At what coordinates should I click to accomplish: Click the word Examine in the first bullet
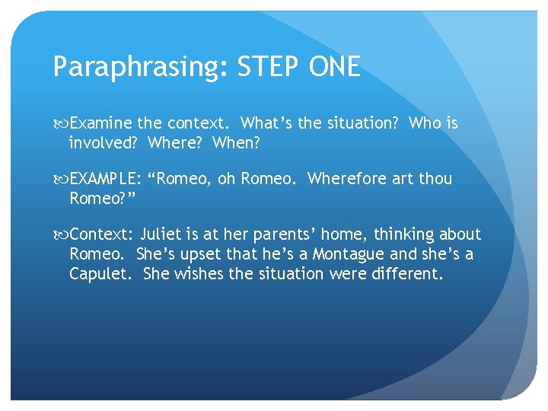[x=100, y=123]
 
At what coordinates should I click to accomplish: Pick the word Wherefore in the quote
[x=342, y=179]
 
